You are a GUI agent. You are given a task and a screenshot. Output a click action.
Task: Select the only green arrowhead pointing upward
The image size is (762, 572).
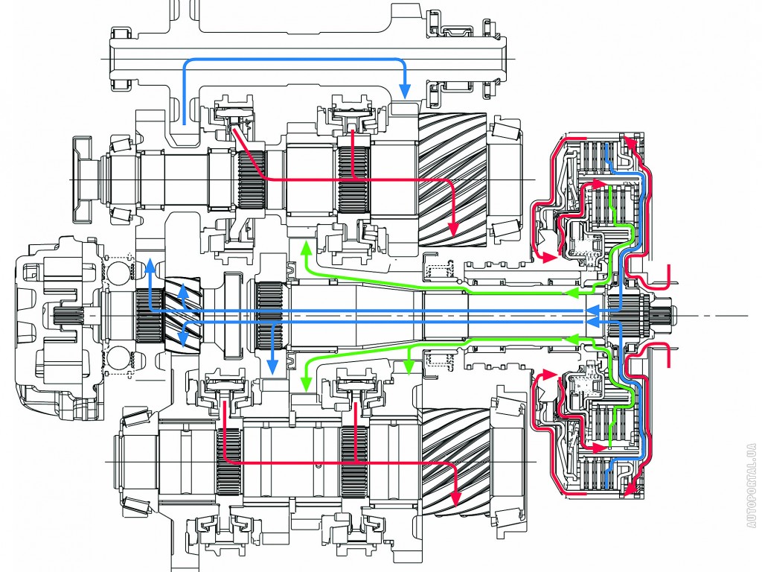(x=304, y=246)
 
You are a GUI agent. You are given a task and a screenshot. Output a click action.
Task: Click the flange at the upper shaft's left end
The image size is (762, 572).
(x=77, y=179)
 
